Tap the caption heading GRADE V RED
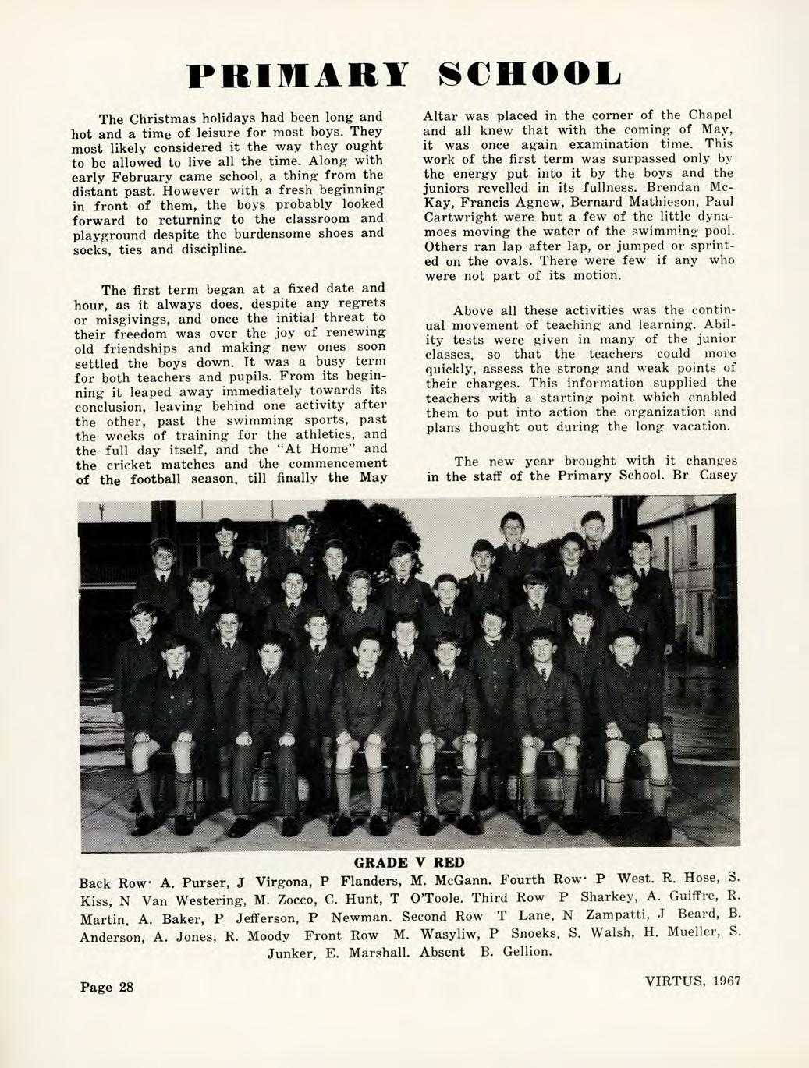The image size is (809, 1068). coord(409,862)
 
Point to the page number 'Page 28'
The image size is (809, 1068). coord(107,987)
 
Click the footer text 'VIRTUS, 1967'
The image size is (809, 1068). coord(692,981)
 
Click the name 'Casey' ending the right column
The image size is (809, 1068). coord(717,476)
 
